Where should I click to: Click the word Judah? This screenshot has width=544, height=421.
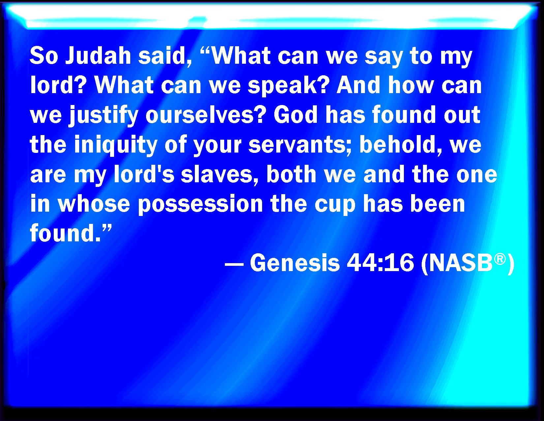(x=98, y=56)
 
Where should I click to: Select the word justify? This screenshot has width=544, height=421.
(x=104, y=116)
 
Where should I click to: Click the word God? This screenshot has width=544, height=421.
(x=296, y=115)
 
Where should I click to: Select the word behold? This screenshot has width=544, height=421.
(x=401, y=144)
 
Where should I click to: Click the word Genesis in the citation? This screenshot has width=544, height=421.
(x=295, y=263)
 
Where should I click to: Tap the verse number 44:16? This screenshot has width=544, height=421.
(x=380, y=263)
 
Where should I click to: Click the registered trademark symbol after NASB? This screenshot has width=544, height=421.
(x=500, y=259)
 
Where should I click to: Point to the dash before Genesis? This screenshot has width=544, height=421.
(x=234, y=264)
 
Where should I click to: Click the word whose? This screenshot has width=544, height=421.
(x=94, y=204)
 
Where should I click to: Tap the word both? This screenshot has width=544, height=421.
(x=291, y=174)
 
